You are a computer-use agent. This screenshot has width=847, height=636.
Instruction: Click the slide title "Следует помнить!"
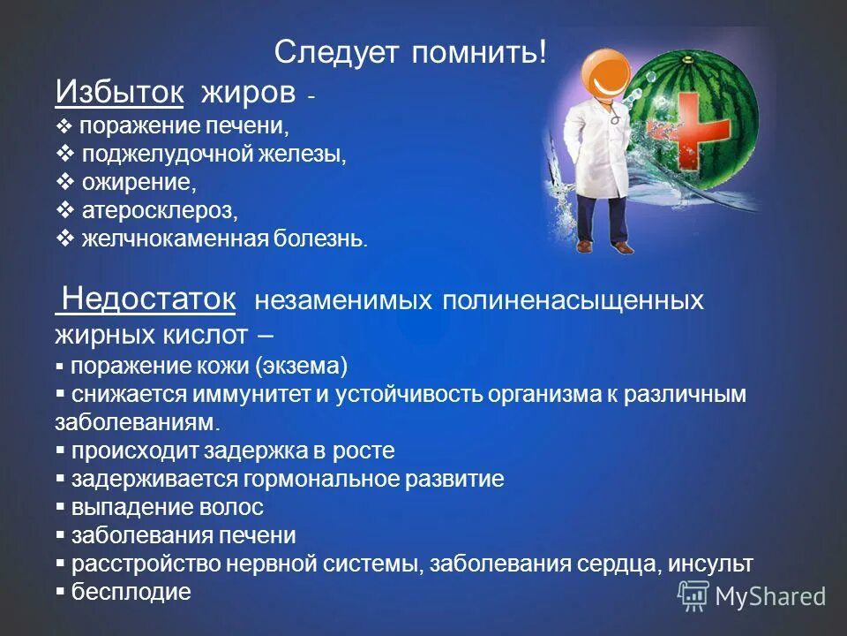(410, 53)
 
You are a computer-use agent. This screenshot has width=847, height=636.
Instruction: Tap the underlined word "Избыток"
(119, 92)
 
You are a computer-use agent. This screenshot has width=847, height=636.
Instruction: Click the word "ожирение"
(139, 183)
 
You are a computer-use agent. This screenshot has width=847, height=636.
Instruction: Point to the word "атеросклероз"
(160, 211)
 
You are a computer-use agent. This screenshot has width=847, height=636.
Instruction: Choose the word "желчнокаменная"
(175, 238)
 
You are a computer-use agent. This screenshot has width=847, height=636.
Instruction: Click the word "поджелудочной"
(168, 155)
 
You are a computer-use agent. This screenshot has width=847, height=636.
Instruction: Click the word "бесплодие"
(131, 592)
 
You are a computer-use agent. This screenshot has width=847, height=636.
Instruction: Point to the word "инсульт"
(710, 564)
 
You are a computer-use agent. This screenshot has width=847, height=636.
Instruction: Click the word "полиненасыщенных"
(573, 300)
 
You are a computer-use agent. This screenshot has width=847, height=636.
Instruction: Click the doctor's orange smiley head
(605, 73)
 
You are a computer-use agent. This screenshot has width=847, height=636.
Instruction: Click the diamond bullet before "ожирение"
(64, 182)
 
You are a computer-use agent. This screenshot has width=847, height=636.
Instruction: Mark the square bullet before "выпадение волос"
(61, 507)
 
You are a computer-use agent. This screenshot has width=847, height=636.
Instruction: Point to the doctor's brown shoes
(604, 246)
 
